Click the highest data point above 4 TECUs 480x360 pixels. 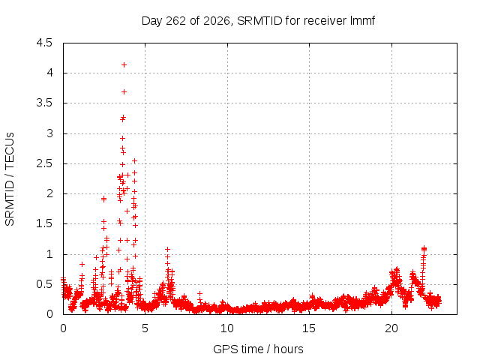124,65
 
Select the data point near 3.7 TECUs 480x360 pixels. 124,91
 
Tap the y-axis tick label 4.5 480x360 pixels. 44,43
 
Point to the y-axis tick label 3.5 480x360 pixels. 44,103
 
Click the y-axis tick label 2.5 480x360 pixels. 44,163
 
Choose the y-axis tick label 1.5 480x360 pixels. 44,223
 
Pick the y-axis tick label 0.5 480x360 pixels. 44,284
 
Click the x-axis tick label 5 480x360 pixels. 145,328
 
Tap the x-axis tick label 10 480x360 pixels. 227,328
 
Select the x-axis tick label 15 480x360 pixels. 309,328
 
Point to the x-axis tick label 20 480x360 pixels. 391,328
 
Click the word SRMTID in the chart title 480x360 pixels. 259,21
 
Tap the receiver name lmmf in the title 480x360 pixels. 363,21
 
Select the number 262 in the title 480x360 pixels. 175,21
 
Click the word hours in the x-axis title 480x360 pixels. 288,349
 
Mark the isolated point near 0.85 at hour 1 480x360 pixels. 82,264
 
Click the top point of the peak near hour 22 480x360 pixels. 424,248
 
